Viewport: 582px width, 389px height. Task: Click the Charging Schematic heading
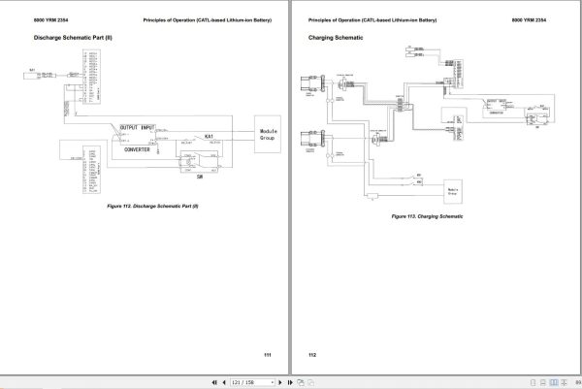336,38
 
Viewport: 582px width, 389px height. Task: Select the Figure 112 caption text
153,206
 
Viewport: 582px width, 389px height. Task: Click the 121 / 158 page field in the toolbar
243,382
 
